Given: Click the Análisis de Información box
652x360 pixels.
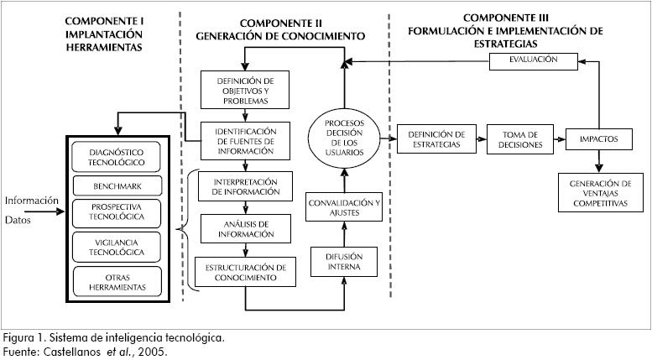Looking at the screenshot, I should (x=245, y=228).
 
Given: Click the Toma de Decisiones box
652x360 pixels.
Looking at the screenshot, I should (x=518, y=139).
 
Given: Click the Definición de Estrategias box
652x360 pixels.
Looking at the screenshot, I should (x=436, y=139).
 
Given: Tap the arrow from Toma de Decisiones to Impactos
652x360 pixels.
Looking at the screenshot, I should (x=557, y=139).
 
